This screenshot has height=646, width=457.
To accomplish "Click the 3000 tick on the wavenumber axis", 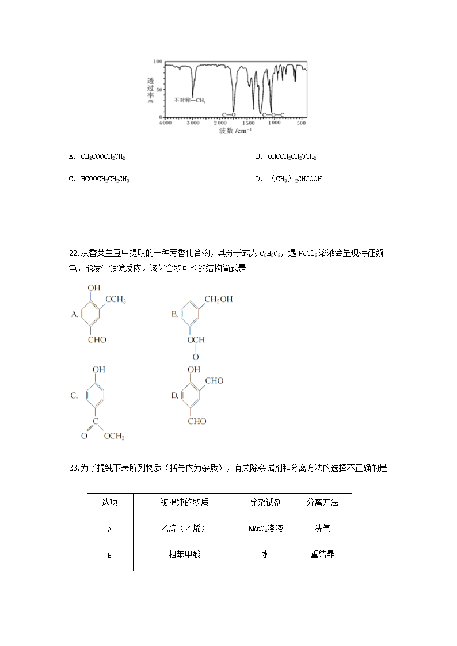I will pyautogui.click(x=192, y=123).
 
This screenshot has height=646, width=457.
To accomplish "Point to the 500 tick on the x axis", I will pyautogui.click(x=301, y=123).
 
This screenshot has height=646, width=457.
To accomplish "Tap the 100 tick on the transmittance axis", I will pyautogui.click(x=157, y=61).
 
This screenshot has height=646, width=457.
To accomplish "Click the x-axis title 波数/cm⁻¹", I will pyautogui.click(x=235, y=131).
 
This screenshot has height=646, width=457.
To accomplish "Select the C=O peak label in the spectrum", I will pyautogui.click(x=229, y=115).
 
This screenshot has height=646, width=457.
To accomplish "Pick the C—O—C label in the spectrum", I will pyautogui.click(x=273, y=115).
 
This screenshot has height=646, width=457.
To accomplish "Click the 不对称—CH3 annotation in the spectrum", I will pyautogui.click(x=189, y=100).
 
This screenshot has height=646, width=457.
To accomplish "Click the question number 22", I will pyautogui.click(x=73, y=253).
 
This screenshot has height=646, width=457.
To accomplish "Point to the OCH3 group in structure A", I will pyautogui.click(x=115, y=300).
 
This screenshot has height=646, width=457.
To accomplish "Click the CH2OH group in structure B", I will pyautogui.click(x=219, y=299).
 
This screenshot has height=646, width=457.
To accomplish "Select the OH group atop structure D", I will pyautogui.click(x=194, y=369).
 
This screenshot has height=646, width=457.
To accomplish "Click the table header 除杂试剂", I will pyautogui.click(x=265, y=503).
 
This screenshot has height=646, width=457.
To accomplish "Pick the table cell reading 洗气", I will pyautogui.click(x=322, y=528).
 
